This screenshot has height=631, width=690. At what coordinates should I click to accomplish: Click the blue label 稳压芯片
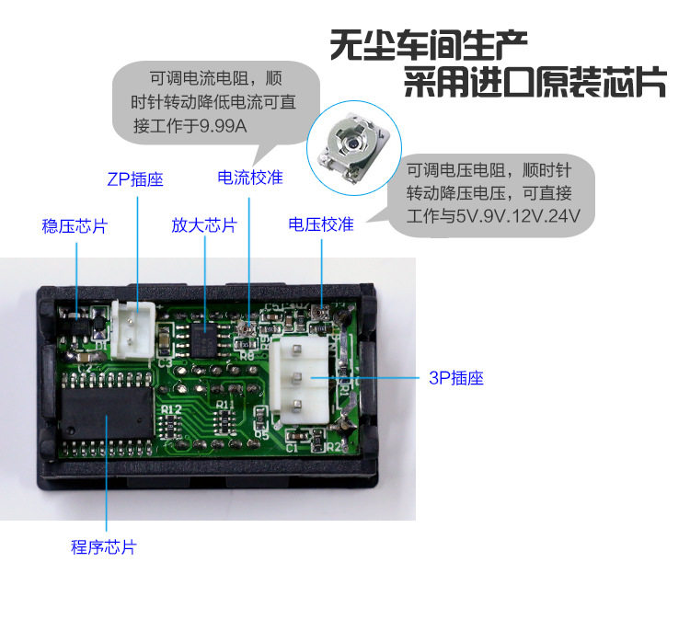coord(75,226)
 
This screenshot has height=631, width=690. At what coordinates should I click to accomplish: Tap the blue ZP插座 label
coord(135,179)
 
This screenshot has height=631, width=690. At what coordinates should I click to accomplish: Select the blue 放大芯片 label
coord(204,225)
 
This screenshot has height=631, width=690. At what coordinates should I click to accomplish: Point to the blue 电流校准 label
coord(250,178)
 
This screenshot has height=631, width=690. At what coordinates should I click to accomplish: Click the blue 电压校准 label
coord(321,224)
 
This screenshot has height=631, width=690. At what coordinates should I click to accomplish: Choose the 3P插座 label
coord(456,378)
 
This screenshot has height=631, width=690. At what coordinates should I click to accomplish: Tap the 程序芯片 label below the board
coord(103,547)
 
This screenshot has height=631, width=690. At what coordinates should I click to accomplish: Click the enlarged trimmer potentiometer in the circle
coord(354,147)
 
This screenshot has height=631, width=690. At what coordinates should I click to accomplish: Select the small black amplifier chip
coord(203,340)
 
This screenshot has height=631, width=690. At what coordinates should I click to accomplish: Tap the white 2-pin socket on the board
coord(132,330)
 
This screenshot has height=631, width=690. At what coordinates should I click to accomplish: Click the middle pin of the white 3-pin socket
coord(297,377)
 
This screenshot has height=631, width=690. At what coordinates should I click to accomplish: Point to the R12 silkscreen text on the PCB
coord(171,409)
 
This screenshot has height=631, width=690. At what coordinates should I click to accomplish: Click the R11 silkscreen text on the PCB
coord(225,405)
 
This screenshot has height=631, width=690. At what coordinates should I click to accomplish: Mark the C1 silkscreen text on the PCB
coord(292,448)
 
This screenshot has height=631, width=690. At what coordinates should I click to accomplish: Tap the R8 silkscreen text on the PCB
coord(247,355)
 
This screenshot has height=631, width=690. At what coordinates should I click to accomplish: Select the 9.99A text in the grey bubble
coord(223,126)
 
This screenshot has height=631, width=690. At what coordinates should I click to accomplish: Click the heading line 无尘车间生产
coord(429,45)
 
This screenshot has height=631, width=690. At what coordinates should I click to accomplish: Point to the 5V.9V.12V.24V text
coord(518,216)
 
